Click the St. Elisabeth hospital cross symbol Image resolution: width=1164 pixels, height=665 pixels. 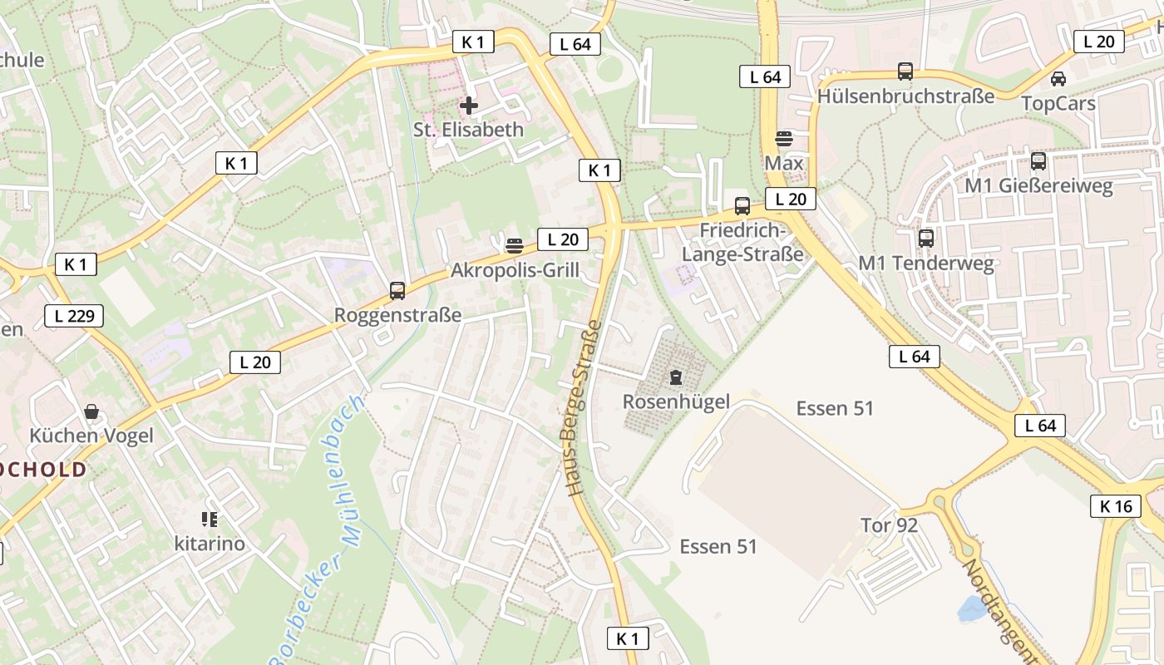click(x=469, y=106)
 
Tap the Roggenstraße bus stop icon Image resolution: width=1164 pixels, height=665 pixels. click(x=397, y=291)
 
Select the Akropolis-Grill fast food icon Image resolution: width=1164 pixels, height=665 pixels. click(x=514, y=245)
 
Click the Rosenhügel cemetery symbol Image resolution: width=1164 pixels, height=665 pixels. click(x=676, y=378)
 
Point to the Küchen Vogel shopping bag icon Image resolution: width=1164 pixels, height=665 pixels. click(x=91, y=411)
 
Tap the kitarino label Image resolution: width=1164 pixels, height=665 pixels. click(x=210, y=544)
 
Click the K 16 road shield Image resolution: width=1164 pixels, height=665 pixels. click(x=1116, y=505)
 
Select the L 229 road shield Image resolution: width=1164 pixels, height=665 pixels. click(x=74, y=316)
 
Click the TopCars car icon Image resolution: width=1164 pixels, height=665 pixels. click(x=1058, y=79)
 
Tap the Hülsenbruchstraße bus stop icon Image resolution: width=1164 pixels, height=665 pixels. click(x=905, y=71)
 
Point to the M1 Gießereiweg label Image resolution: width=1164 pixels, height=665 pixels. click(x=1038, y=185)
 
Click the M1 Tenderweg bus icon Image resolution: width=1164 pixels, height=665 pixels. click(x=926, y=239)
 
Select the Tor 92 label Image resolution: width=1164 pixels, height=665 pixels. click(x=889, y=525)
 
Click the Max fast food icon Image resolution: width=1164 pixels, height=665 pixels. click(x=784, y=138)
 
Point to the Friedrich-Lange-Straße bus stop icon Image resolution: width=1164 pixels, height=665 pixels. click(x=742, y=205)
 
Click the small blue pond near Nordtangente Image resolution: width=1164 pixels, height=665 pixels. click(x=971, y=609)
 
